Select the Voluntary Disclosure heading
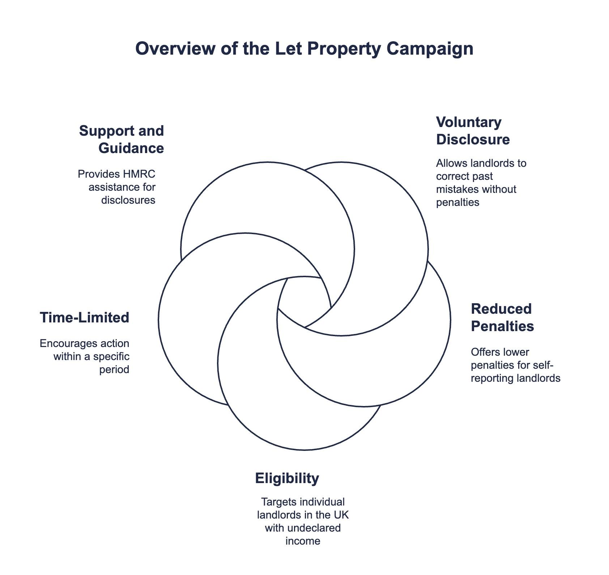click(x=472, y=131)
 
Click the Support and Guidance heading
click(x=122, y=139)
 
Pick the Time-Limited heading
click(x=84, y=317)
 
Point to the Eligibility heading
click(x=287, y=478)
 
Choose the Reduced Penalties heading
click(x=502, y=317)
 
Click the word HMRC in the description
click(x=140, y=174)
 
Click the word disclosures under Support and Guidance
click(x=128, y=200)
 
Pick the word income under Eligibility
click(x=303, y=541)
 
